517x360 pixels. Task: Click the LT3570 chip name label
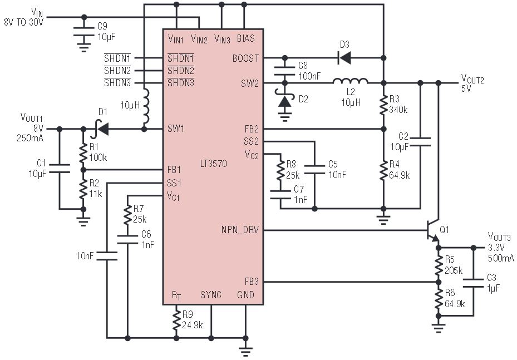pyautogui.click(x=213, y=164)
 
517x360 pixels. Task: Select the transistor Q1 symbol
pyautogui.click(x=432, y=231)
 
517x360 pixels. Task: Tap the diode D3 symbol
pyautogui.click(x=344, y=58)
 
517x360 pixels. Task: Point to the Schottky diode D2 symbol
pyautogui.click(x=284, y=100)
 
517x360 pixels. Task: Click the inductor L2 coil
pyautogui.click(x=350, y=81)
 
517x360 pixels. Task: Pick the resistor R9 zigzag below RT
pyautogui.click(x=176, y=319)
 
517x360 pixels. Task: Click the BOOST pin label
pyautogui.click(x=245, y=58)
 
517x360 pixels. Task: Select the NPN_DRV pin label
pyautogui.click(x=240, y=230)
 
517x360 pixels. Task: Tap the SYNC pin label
pyautogui.click(x=211, y=295)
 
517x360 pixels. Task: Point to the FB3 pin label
pyautogui.click(x=252, y=282)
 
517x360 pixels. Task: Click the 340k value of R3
pyautogui.click(x=398, y=110)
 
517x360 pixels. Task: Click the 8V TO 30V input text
pyautogui.click(x=24, y=22)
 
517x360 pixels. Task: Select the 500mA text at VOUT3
pyautogui.click(x=500, y=258)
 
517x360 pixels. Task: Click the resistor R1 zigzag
pyautogui.click(x=83, y=154)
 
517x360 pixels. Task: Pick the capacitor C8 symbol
pyautogui.click(x=284, y=71)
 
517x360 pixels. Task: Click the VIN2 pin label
pyautogui.click(x=199, y=40)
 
